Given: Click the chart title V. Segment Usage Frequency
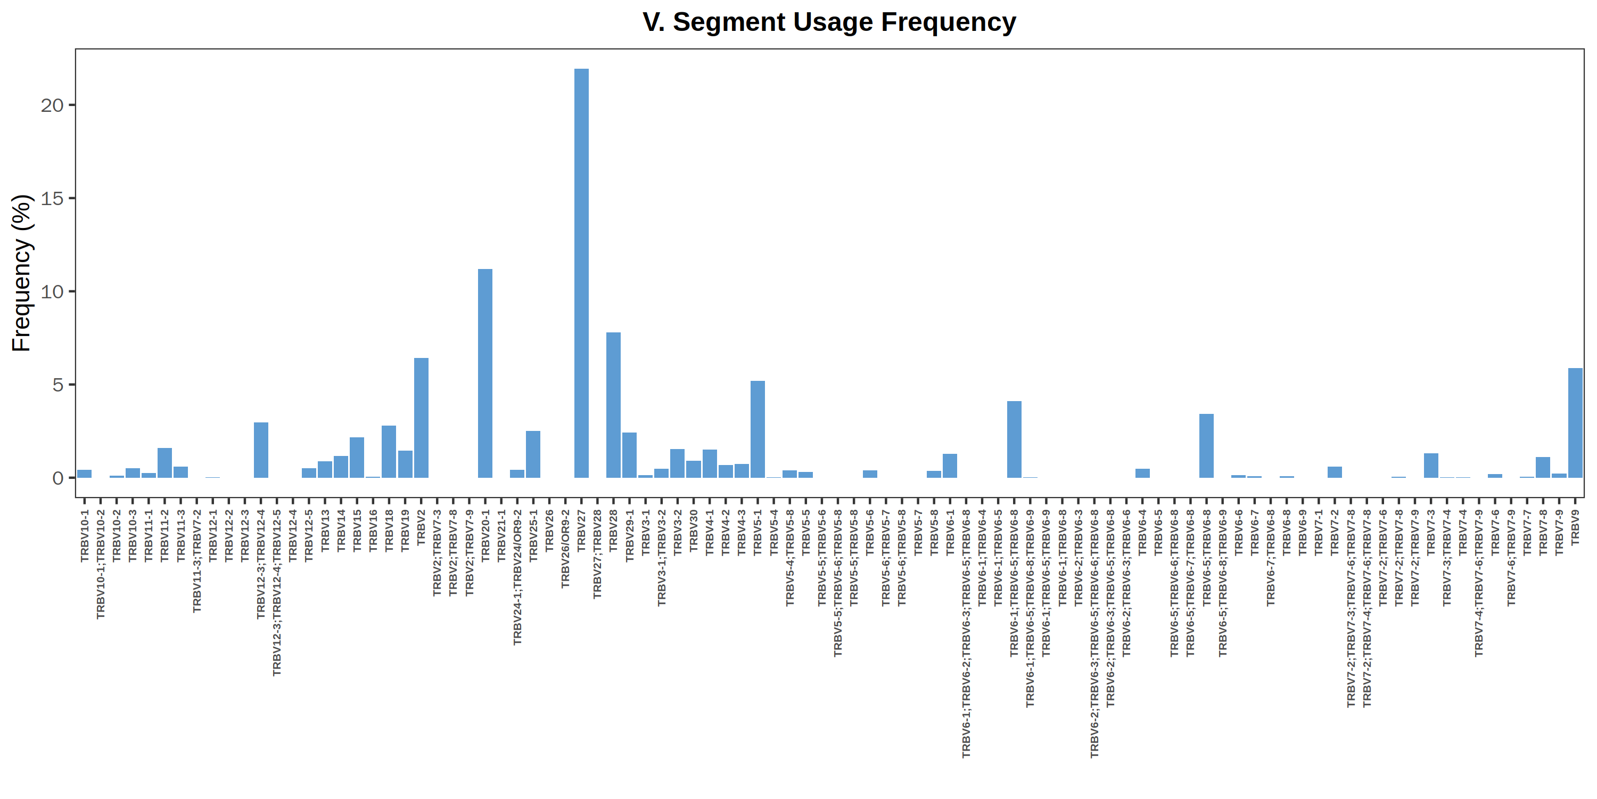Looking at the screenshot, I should coord(829,22).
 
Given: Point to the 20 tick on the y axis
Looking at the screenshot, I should coord(52,105).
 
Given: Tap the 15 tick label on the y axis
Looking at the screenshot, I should coord(52,199).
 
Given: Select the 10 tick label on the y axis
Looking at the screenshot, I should coord(52,291).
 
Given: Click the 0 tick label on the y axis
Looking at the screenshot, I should coord(57,478).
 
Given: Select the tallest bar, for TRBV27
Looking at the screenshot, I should coord(581,273).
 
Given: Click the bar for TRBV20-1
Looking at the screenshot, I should coord(485,373).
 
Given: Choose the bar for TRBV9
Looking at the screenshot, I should coord(1575,422).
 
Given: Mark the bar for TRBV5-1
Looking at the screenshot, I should coord(758,429).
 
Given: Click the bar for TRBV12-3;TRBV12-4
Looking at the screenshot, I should coord(261,450).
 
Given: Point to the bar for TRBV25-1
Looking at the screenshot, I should coord(533,454).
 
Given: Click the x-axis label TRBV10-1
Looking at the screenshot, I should coord(85,536).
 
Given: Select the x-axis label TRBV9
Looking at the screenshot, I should coord(1575,527).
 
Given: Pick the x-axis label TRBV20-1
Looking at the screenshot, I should coord(485,536).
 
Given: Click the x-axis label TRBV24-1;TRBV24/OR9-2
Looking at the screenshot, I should coord(517,577).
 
